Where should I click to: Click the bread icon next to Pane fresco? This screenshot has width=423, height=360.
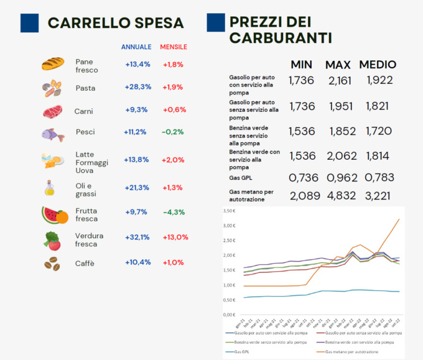53,63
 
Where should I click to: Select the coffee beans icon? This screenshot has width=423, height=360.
52,264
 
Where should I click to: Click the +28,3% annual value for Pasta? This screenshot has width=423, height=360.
138,87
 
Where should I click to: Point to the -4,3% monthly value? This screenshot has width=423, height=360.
174,212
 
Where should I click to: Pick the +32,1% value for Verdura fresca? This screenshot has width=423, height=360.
138,237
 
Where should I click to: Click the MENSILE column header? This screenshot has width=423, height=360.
174,47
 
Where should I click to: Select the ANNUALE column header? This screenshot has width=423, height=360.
136,47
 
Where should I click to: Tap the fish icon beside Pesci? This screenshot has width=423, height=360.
52,134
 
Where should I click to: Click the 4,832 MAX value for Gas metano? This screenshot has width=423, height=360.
341,196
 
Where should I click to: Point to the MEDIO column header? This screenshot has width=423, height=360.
378,65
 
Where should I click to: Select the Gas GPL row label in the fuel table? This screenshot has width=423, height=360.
241,177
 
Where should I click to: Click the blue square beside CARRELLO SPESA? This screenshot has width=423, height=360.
29,23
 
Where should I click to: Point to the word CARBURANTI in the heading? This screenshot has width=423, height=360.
280,37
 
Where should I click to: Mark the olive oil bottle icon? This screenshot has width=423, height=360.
50,188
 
